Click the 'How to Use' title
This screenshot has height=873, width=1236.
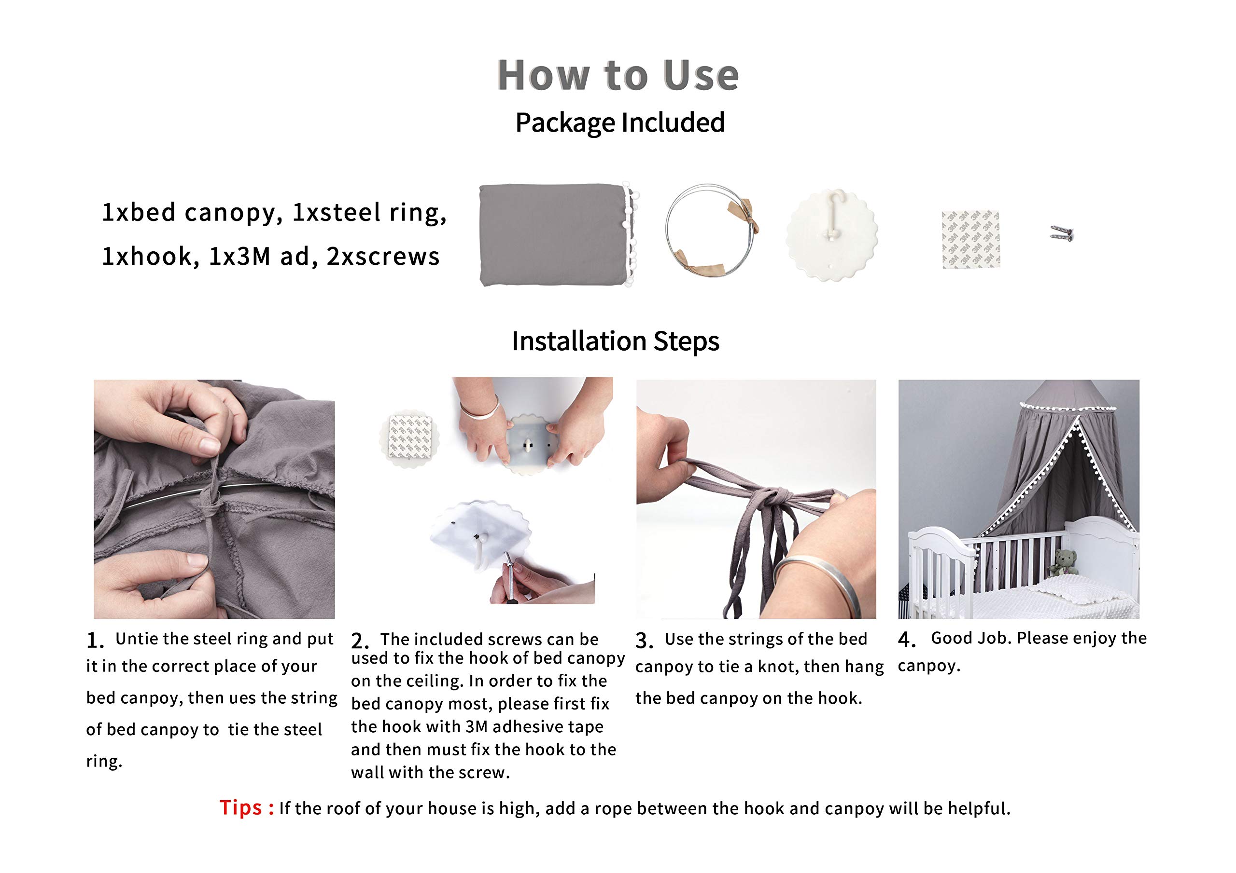618,75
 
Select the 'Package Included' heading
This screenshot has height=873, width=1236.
619,123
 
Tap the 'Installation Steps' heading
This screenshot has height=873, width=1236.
615,341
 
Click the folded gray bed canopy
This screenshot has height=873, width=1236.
559,234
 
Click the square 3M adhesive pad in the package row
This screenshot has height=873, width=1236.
970,239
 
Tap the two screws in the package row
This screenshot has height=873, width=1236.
1062,233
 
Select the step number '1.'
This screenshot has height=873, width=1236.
95,640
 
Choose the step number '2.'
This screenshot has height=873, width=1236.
360,641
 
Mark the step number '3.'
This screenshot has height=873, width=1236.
645,640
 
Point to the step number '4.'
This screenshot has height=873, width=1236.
907,640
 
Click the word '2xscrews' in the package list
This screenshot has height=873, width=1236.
383,257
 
